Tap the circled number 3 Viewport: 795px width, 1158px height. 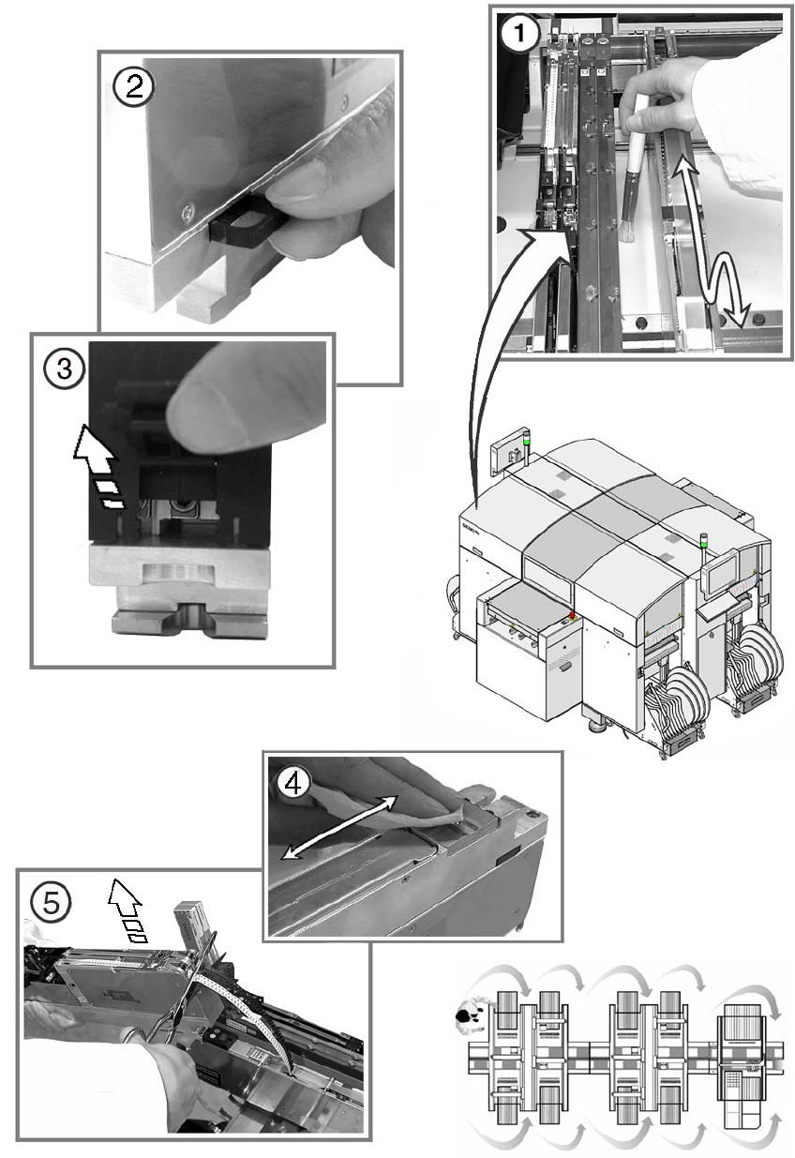(x=64, y=368)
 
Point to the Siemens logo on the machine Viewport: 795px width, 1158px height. (x=472, y=527)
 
